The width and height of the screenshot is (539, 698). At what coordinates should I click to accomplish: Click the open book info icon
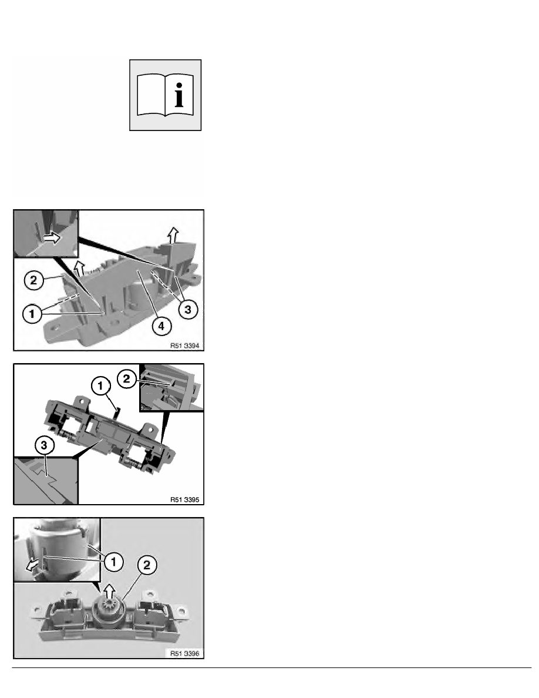tap(165, 95)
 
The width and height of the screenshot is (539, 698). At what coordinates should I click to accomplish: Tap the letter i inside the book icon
tap(179, 95)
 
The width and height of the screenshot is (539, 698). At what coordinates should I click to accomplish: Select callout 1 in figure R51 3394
tap(32, 314)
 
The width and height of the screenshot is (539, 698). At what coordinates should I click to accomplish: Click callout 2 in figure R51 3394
tap(33, 280)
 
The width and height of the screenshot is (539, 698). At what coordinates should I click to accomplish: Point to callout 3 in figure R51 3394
tap(188, 310)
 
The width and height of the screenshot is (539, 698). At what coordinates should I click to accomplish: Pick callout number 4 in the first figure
tap(161, 326)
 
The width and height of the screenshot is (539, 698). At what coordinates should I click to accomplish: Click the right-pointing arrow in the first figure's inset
tap(52, 238)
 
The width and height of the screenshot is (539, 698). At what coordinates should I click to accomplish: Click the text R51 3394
tap(184, 345)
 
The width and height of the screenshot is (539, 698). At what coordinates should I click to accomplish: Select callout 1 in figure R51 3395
tap(100, 386)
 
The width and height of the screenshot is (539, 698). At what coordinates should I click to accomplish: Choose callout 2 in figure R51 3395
tap(126, 379)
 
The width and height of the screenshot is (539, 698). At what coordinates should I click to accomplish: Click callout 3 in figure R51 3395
tap(44, 445)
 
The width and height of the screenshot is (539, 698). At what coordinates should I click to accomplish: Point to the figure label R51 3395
tap(184, 499)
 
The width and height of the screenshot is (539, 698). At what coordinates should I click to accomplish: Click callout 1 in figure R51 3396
tap(113, 562)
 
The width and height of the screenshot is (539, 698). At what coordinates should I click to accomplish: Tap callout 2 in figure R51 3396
tap(147, 565)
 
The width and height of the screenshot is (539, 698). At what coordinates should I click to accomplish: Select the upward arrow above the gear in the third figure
tap(109, 592)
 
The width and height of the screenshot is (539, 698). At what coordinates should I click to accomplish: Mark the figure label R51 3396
tap(184, 653)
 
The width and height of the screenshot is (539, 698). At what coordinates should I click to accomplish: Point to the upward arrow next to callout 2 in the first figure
tap(79, 269)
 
